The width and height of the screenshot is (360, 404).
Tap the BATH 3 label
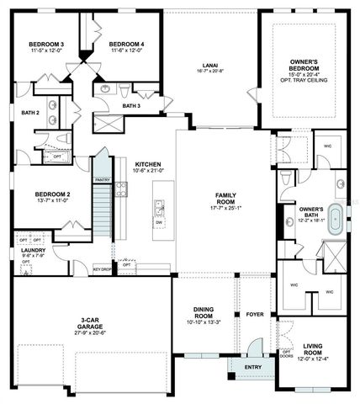131,106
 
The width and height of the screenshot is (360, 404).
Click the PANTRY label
103,179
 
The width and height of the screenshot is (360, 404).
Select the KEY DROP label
103,269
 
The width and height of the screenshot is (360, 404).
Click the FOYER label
255,316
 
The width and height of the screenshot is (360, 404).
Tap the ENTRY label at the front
253,367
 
